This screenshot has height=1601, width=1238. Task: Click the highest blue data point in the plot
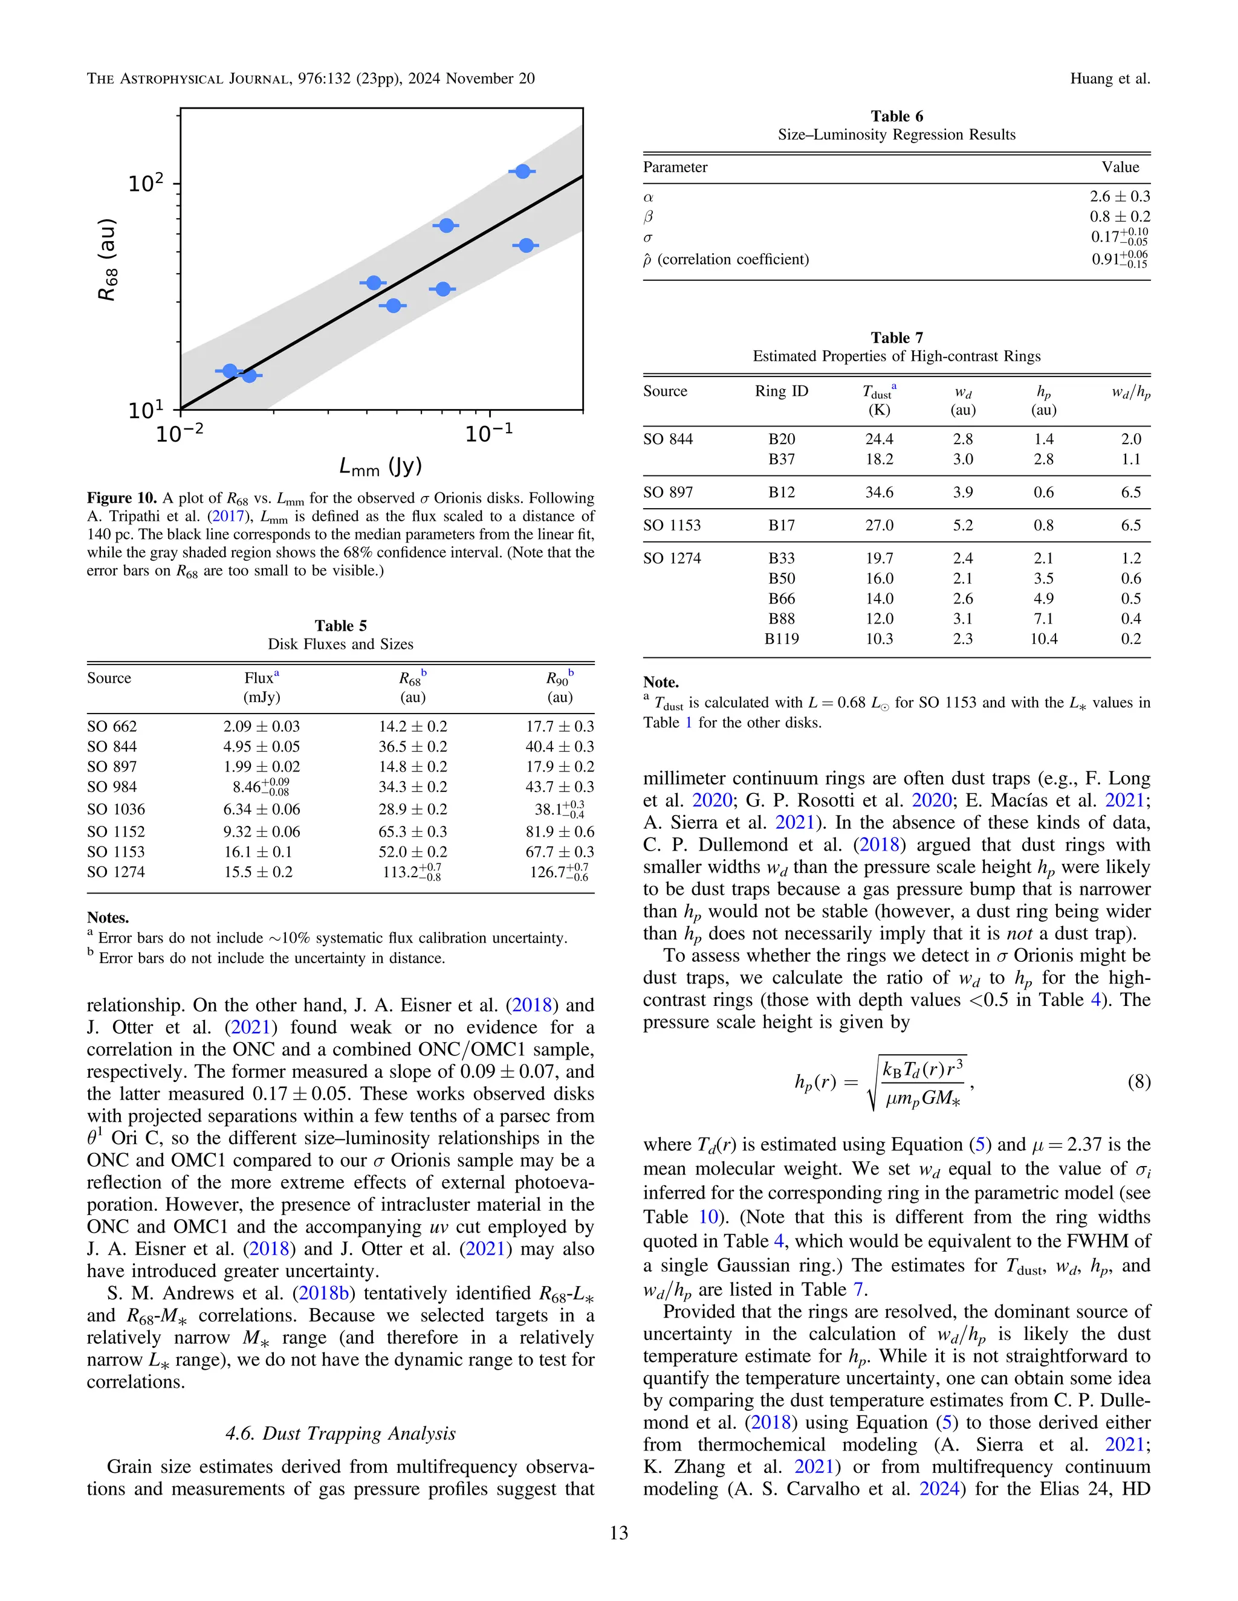[522, 172]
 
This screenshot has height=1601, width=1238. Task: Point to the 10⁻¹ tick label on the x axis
[489, 433]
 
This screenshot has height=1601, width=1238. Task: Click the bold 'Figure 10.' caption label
[122, 498]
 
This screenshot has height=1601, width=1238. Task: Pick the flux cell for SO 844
[261, 746]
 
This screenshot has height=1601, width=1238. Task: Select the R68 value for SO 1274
[412, 872]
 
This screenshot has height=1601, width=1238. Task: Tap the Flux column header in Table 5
[261, 678]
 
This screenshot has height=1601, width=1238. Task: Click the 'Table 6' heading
[896, 116]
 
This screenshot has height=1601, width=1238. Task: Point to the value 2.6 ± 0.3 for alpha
[1119, 196]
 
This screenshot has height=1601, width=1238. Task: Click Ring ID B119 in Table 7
[781, 639]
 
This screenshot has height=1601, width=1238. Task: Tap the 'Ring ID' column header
[781, 391]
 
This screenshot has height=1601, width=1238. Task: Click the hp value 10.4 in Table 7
[1043, 639]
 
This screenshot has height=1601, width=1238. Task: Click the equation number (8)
[1138, 1082]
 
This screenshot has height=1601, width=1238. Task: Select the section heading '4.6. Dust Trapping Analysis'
[340, 1433]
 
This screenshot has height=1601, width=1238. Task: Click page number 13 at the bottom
[618, 1533]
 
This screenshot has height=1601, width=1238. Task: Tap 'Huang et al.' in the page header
[1110, 79]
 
